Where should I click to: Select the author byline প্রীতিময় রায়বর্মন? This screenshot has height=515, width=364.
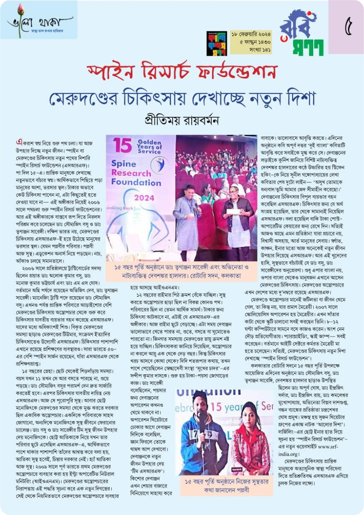click(182, 121)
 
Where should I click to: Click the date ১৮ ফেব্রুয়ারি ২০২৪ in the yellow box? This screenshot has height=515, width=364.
click(251, 34)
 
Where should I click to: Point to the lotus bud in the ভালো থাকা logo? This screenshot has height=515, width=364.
click(21, 9)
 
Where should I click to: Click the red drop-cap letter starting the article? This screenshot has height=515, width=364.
click(19, 142)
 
